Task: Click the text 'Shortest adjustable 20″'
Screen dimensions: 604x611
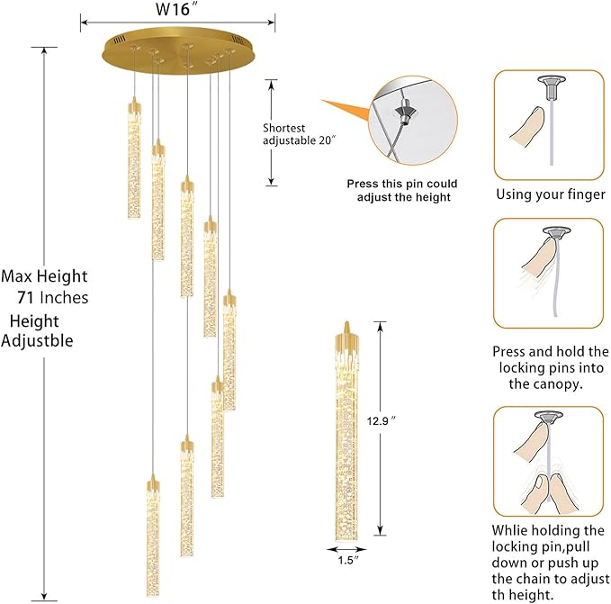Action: [299, 134]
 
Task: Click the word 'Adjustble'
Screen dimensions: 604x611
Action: [38, 340]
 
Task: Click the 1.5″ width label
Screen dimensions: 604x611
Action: [346, 563]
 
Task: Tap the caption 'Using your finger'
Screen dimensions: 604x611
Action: [551, 194]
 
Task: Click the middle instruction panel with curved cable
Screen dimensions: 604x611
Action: [548, 274]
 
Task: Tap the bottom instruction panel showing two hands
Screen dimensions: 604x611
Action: [548, 460]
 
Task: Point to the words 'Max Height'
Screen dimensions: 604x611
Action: [44, 276]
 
